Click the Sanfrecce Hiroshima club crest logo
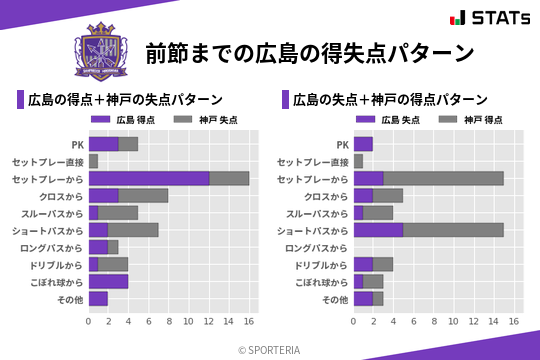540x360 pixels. tap(102, 51)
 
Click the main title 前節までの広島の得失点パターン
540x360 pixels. tap(309, 52)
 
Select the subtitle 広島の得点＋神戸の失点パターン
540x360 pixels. tap(125, 100)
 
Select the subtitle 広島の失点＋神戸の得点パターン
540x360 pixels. tap(390, 100)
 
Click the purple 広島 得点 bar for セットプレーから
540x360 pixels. tap(149, 178)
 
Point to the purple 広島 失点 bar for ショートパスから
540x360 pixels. tap(378, 230)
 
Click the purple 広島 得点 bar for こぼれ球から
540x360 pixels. tap(108, 282)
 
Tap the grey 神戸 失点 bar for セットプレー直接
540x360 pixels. tap(93, 161)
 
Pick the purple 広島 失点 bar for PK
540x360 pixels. tap(363, 144)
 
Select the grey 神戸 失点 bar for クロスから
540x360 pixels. tap(143, 195)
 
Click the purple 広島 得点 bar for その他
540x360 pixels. tap(98, 299)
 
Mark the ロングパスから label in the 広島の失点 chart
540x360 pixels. tap(316, 248)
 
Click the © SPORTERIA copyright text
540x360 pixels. tap(270, 349)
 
